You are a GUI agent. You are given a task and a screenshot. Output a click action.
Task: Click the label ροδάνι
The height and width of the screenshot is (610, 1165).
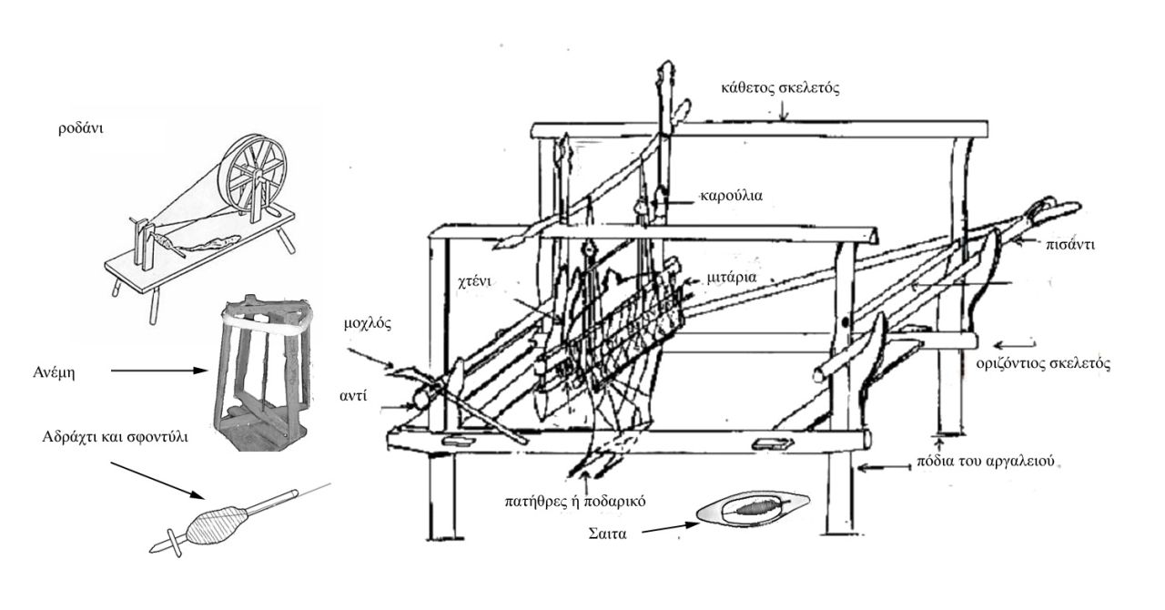click(81, 128)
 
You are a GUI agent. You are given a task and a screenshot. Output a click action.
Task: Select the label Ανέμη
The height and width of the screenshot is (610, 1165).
click(54, 372)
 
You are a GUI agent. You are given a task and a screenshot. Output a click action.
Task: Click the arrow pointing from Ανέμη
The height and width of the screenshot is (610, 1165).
click(159, 371)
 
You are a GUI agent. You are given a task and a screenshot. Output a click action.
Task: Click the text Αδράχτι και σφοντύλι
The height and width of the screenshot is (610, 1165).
click(116, 436)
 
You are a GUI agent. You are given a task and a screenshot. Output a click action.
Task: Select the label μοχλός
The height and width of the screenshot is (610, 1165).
click(368, 324)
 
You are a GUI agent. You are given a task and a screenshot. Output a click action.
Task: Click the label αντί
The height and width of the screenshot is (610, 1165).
click(353, 395)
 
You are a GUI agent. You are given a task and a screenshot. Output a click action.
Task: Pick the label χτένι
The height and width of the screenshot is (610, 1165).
click(474, 281)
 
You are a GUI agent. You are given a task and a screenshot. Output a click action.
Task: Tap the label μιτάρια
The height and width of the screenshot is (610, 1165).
click(731, 278)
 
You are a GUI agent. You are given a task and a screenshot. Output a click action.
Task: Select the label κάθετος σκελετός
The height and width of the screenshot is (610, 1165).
click(780, 87)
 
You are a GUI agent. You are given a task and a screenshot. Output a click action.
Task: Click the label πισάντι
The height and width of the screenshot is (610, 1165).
click(1069, 245)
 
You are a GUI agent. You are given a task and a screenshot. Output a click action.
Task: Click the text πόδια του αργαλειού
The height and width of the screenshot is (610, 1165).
click(985, 462)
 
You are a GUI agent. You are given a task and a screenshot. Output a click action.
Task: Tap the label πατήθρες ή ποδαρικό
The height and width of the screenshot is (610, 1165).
click(575, 502)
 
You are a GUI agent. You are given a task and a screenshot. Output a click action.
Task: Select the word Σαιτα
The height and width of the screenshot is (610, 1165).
click(607, 534)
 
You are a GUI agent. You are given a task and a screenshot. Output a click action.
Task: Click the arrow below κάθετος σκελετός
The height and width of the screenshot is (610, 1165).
click(784, 110)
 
